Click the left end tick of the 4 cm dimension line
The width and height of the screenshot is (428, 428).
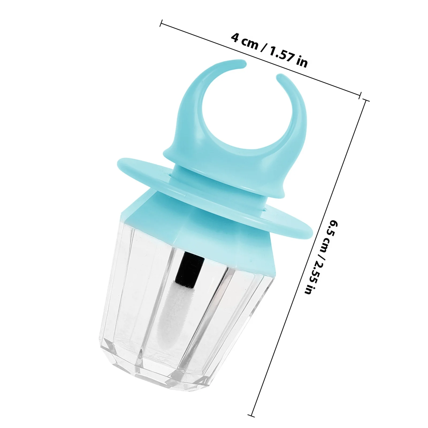point(161,23)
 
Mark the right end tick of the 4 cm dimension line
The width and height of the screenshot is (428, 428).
point(360,95)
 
